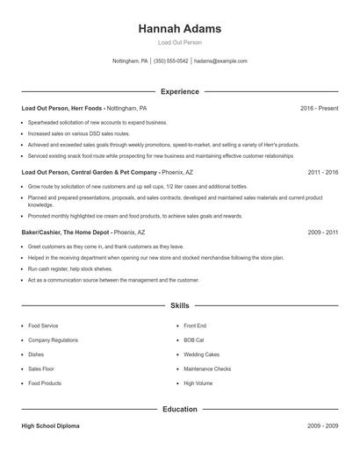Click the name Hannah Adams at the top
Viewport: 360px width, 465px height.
179,29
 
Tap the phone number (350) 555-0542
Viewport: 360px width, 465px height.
171,61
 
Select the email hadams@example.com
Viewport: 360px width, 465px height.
220,61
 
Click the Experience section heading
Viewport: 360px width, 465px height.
179,91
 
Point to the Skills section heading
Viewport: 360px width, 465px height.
179,305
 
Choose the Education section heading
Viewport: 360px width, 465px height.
179,409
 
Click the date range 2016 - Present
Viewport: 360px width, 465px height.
319,108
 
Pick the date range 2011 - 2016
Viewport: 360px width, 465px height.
322,172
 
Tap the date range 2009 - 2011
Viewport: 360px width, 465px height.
322,232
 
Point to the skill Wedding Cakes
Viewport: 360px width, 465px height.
202,354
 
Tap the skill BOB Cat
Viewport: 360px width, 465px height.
194,340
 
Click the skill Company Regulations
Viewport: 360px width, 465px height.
54,340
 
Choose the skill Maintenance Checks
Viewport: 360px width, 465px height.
207,368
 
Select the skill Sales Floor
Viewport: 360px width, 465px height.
41,368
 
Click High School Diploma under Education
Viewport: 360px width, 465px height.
50,426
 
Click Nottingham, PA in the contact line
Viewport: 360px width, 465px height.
130,61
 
